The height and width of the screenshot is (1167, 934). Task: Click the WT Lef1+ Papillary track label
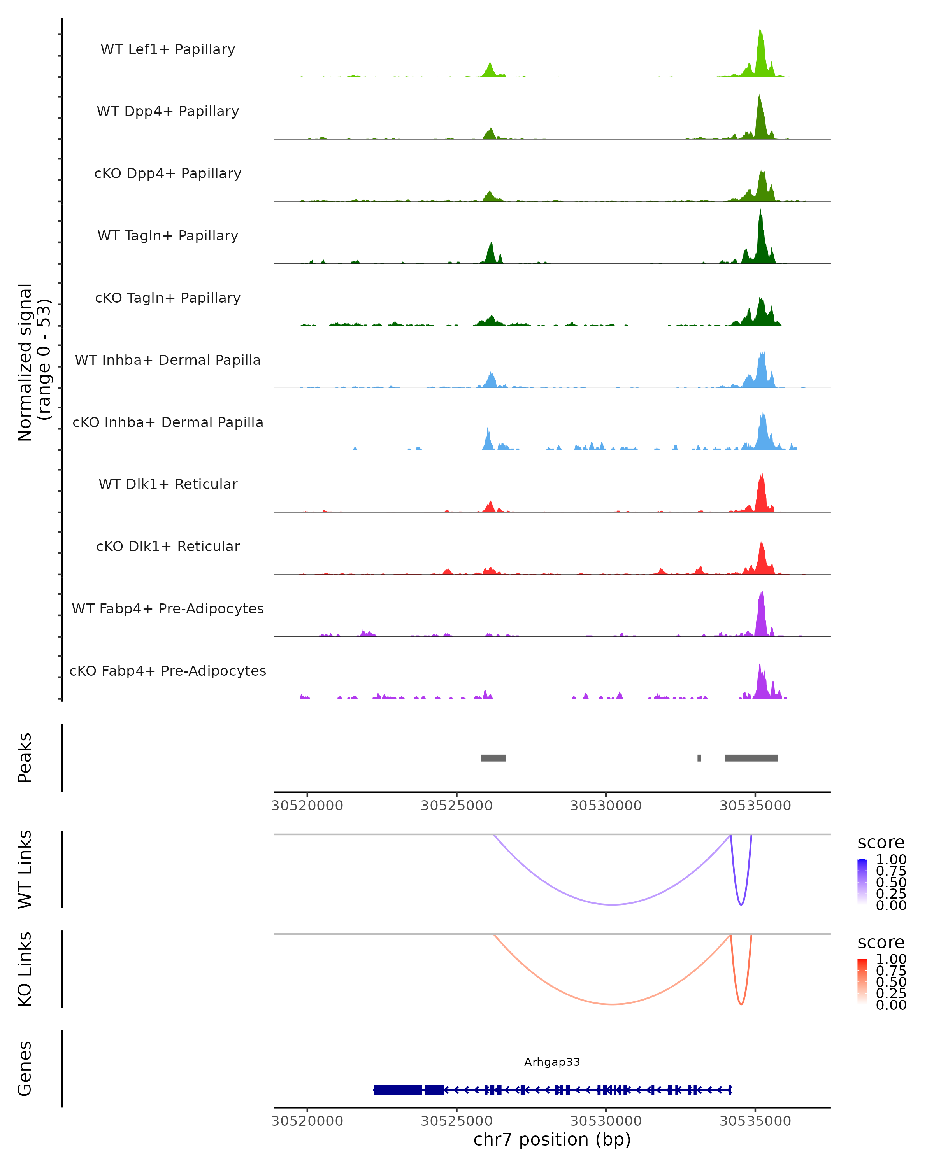pyautogui.click(x=168, y=49)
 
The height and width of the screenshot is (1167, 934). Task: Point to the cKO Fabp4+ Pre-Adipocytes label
pyautogui.click(x=168, y=671)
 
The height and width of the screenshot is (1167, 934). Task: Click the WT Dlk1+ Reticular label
pyautogui.click(x=168, y=484)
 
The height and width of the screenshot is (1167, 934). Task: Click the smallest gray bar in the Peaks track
pyautogui.click(x=699, y=758)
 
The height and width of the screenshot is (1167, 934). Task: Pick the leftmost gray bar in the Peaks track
pyautogui.click(x=493, y=758)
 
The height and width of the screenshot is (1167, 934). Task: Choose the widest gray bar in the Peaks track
pyautogui.click(x=751, y=758)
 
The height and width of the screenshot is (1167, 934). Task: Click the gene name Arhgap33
pyautogui.click(x=552, y=1062)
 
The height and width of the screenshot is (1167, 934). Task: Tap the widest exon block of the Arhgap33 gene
pyautogui.click(x=398, y=1090)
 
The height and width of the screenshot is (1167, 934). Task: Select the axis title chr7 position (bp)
pyautogui.click(x=552, y=1139)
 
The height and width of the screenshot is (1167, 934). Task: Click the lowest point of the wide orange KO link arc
pyautogui.click(x=612, y=1004)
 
